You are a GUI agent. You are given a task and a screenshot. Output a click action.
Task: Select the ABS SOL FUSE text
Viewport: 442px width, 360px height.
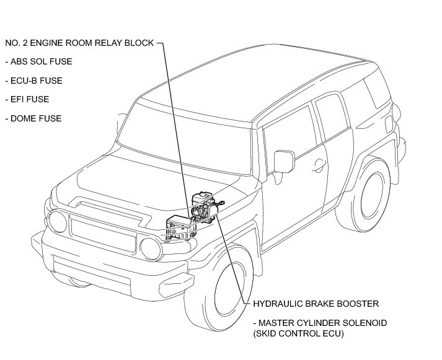[x=38, y=62]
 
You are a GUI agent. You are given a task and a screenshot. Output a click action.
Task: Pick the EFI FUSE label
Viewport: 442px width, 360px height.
[x=32, y=99]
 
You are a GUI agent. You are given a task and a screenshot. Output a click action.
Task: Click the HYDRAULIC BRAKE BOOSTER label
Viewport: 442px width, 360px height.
[x=316, y=304]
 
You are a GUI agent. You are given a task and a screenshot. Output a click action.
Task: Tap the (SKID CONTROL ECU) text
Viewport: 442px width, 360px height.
[x=298, y=334]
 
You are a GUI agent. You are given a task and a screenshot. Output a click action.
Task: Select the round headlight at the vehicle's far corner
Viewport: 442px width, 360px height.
[x=58, y=220]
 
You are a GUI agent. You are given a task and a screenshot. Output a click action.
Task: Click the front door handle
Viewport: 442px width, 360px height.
[x=319, y=164]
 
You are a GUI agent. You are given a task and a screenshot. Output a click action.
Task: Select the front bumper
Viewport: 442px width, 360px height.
[x=93, y=260]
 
